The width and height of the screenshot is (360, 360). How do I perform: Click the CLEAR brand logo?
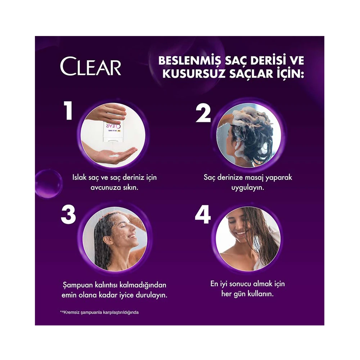90,66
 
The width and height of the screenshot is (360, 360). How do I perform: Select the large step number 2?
203,113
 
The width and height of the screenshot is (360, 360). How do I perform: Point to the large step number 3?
68,215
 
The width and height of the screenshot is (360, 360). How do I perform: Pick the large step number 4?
203,215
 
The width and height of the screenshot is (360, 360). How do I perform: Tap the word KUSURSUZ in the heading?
194,74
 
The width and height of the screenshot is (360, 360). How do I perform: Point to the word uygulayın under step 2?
248,188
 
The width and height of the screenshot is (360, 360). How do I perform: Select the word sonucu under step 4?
240,284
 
